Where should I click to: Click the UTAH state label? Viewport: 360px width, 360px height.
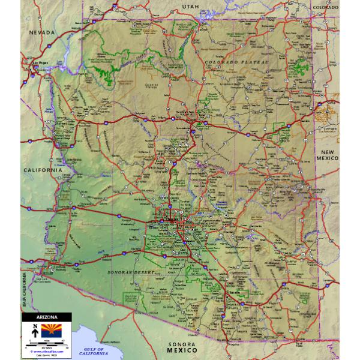point(189,5)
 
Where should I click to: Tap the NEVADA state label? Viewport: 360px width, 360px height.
point(41,32)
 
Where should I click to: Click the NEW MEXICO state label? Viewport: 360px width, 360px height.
point(328,155)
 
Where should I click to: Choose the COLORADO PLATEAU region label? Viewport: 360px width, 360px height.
point(230,62)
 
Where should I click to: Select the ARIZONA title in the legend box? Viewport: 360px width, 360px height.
point(46,316)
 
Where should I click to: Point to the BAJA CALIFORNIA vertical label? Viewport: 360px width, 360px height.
point(25,284)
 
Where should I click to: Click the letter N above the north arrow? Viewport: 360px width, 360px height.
point(35,326)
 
